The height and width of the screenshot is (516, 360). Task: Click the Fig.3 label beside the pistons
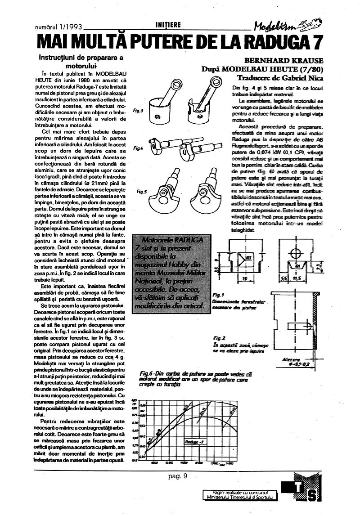(x=139, y=110)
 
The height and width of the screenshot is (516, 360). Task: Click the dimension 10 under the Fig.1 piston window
(x=243, y=279)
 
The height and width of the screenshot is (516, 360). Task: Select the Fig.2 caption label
(x=219, y=337)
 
